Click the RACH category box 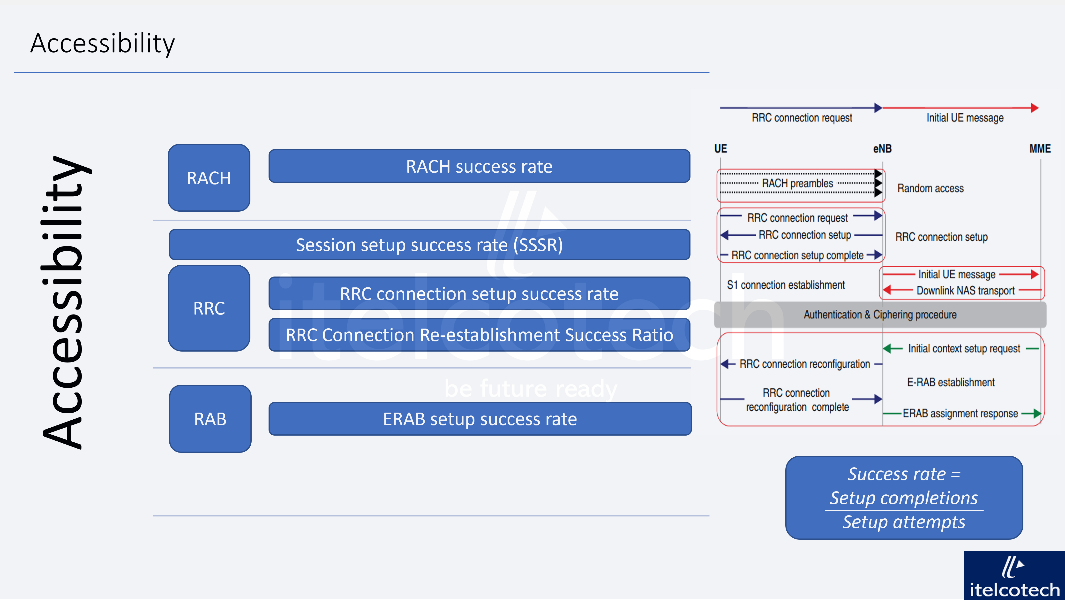pos(209,178)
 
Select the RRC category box pos(209,308)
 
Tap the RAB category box pos(210,419)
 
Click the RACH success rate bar pos(479,166)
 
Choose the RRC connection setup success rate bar pos(479,294)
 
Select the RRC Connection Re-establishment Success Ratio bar pos(479,335)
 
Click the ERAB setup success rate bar pos(480,419)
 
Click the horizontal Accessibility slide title pos(103,43)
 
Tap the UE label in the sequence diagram pos(720,149)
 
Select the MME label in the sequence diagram pos(1040,149)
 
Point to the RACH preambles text pos(797,183)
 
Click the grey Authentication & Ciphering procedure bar pos(880,315)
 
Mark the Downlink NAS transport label pos(965,291)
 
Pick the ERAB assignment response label pos(960,413)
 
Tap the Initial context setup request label pos(964,348)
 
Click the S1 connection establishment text pos(786,285)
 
